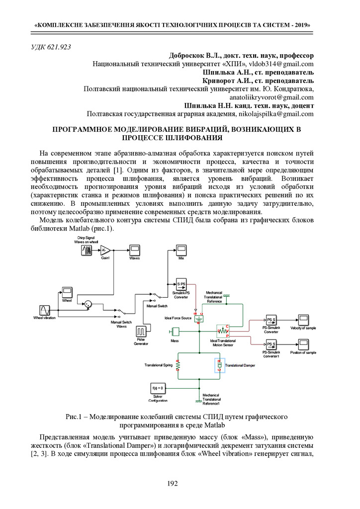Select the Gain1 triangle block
(105, 250)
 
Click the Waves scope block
(134, 250)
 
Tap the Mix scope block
(181, 250)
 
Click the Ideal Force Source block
(199, 318)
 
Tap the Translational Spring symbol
(178, 365)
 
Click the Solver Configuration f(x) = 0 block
(157, 388)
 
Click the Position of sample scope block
(303, 344)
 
